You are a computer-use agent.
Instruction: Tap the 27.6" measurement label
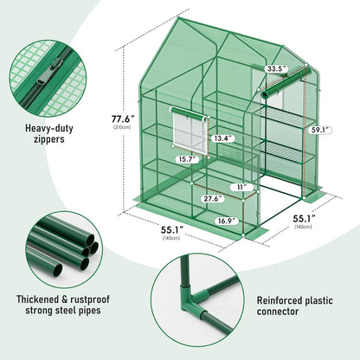point(213,199)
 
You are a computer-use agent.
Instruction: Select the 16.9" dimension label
point(227,221)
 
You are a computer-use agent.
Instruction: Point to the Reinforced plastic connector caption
point(295,305)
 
